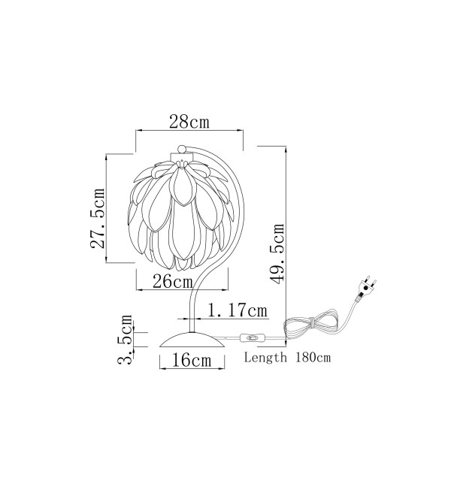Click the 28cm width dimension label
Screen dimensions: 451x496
(189, 122)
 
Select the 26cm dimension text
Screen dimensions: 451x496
(172, 281)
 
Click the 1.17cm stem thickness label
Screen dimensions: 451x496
(237, 310)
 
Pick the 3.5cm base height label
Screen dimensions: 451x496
(125, 340)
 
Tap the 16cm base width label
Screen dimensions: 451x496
(192, 360)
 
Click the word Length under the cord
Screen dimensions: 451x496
(265, 358)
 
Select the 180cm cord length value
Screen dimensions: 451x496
(313, 358)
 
